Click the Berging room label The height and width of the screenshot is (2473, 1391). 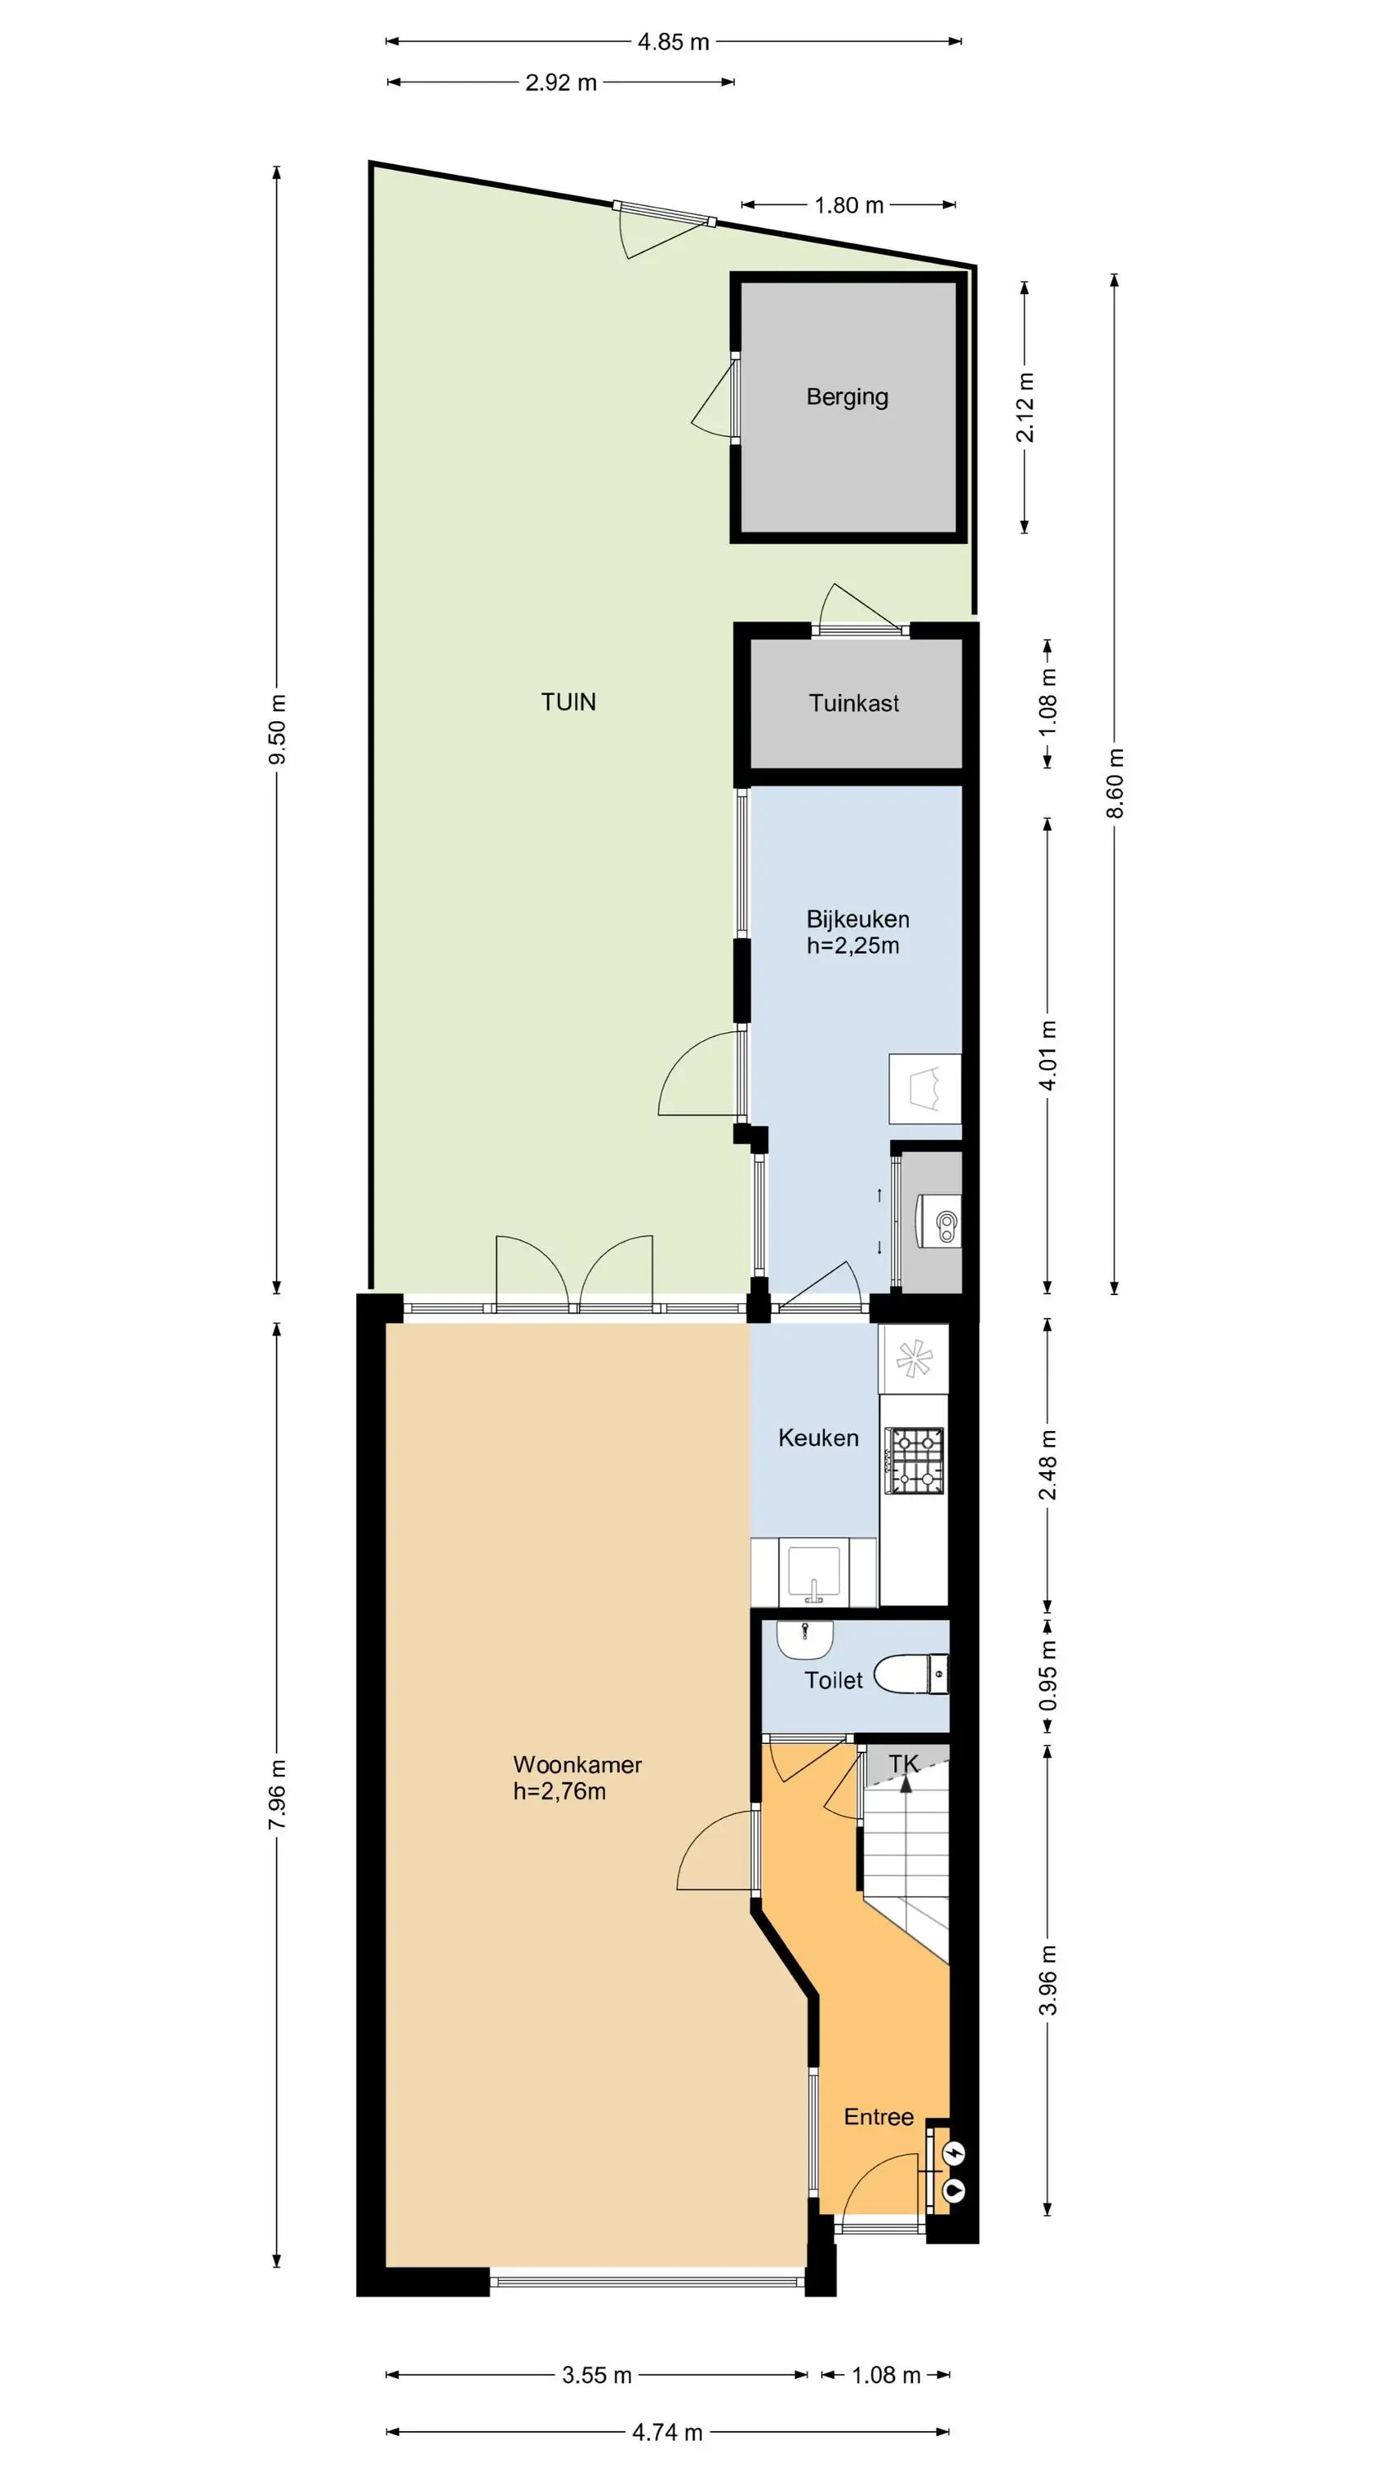pyautogui.click(x=846, y=397)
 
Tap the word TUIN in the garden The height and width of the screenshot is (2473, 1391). pyautogui.click(x=569, y=702)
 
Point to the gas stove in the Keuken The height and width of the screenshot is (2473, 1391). pyautogui.click(x=917, y=1462)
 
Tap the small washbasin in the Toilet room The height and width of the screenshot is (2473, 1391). pyautogui.click(x=804, y=1640)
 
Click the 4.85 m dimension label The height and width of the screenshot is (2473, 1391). pyautogui.click(x=674, y=42)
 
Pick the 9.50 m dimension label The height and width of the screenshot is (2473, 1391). pyautogui.click(x=278, y=730)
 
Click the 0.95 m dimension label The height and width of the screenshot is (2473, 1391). pyautogui.click(x=1047, y=1675)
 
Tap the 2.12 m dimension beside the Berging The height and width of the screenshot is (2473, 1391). pyautogui.click(x=1025, y=407)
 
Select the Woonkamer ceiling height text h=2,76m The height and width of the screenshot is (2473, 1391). pyautogui.click(x=560, y=1791)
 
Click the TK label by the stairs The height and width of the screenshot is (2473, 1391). pyautogui.click(x=903, y=1762)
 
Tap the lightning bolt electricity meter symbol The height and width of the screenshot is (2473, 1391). pyautogui.click(x=954, y=2153)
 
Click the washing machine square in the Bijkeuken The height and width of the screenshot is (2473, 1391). pyautogui.click(x=925, y=1089)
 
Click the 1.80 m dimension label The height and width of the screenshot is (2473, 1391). pyautogui.click(x=850, y=205)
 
